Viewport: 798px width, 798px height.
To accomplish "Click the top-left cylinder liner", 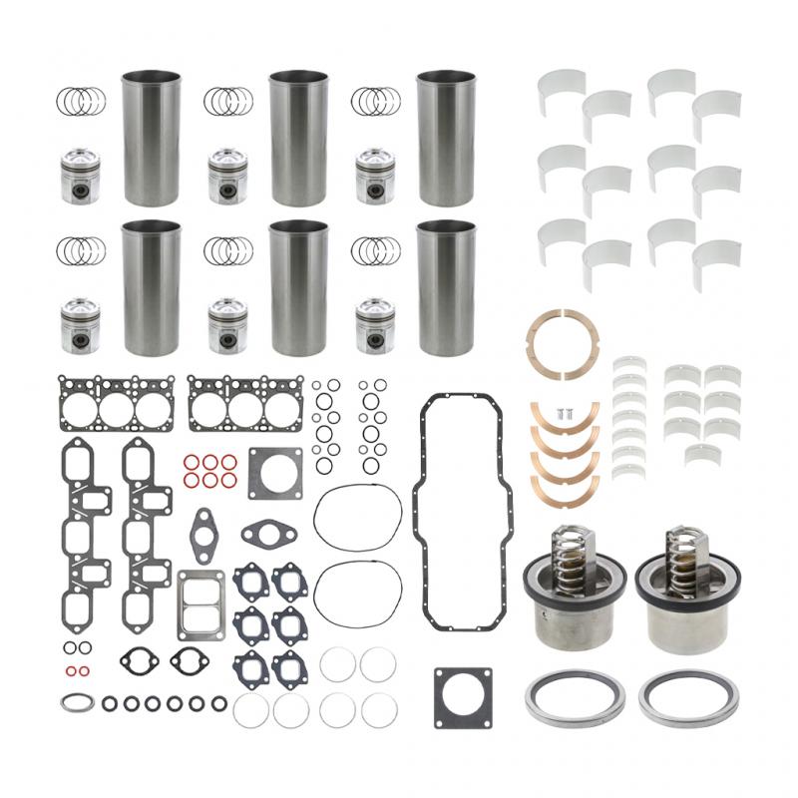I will pos(151,137).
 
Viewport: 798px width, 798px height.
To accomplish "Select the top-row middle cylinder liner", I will pos(298,137).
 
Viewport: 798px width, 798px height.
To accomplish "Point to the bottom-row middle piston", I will pos(230,325).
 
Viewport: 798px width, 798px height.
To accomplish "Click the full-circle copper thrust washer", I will pos(566,343).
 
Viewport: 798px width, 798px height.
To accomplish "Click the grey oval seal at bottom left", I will pos(74,702).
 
